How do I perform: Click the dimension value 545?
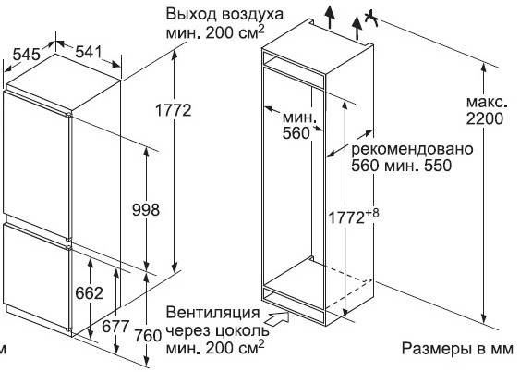pyautogui.click(x=27, y=54)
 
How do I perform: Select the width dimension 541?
pyautogui.click(x=89, y=52)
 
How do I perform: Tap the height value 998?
pyautogui.click(x=146, y=209)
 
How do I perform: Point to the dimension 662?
pyautogui.click(x=89, y=293)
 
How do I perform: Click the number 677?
pyautogui.click(x=115, y=326)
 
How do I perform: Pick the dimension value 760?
pyautogui.click(x=148, y=336)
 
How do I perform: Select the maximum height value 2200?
pyautogui.click(x=485, y=118)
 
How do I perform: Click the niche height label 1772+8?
pyautogui.click(x=353, y=217)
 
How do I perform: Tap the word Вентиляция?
pyautogui.click(x=212, y=313)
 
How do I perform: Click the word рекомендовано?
pyautogui.click(x=412, y=150)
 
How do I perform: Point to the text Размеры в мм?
pyautogui.click(x=457, y=349)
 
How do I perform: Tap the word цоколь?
pyautogui.click(x=242, y=330)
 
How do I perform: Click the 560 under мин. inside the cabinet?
pyautogui.click(x=296, y=133)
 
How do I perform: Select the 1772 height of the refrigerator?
pyautogui.click(x=174, y=109)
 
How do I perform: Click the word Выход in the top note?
pyautogui.click(x=192, y=15)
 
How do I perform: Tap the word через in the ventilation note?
pyautogui.click(x=188, y=330)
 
